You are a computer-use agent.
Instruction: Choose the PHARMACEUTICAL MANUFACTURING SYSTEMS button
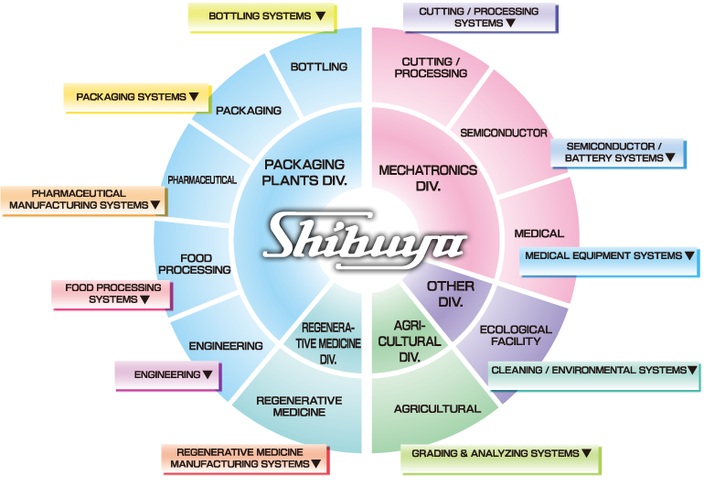pyautogui.click(x=83, y=200)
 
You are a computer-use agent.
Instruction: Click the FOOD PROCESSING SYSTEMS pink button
pyautogui.click(x=112, y=293)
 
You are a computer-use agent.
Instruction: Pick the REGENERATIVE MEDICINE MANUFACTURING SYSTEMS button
pyautogui.click(x=244, y=458)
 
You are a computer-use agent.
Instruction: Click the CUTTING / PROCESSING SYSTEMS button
pyautogui.click(x=479, y=17)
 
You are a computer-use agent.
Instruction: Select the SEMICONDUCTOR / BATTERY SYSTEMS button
pyautogui.click(x=618, y=153)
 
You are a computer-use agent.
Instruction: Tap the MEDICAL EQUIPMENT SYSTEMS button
pyautogui.click(x=607, y=256)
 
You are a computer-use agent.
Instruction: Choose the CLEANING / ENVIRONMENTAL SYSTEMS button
pyautogui.click(x=594, y=371)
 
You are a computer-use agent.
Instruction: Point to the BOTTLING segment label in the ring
pyautogui.click(x=318, y=67)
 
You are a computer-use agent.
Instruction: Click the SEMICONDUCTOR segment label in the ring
pyautogui.click(x=504, y=133)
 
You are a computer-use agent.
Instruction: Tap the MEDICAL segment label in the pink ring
pyautogui.click(x=539, y=233)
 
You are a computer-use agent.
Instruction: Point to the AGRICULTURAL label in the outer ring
pyautogui.click(x=436, y=408)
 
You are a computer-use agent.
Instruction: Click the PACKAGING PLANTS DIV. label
pyautogui.click(x=304, y=171)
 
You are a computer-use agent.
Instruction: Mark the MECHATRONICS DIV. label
pyautogui.click(x=428, y=178)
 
